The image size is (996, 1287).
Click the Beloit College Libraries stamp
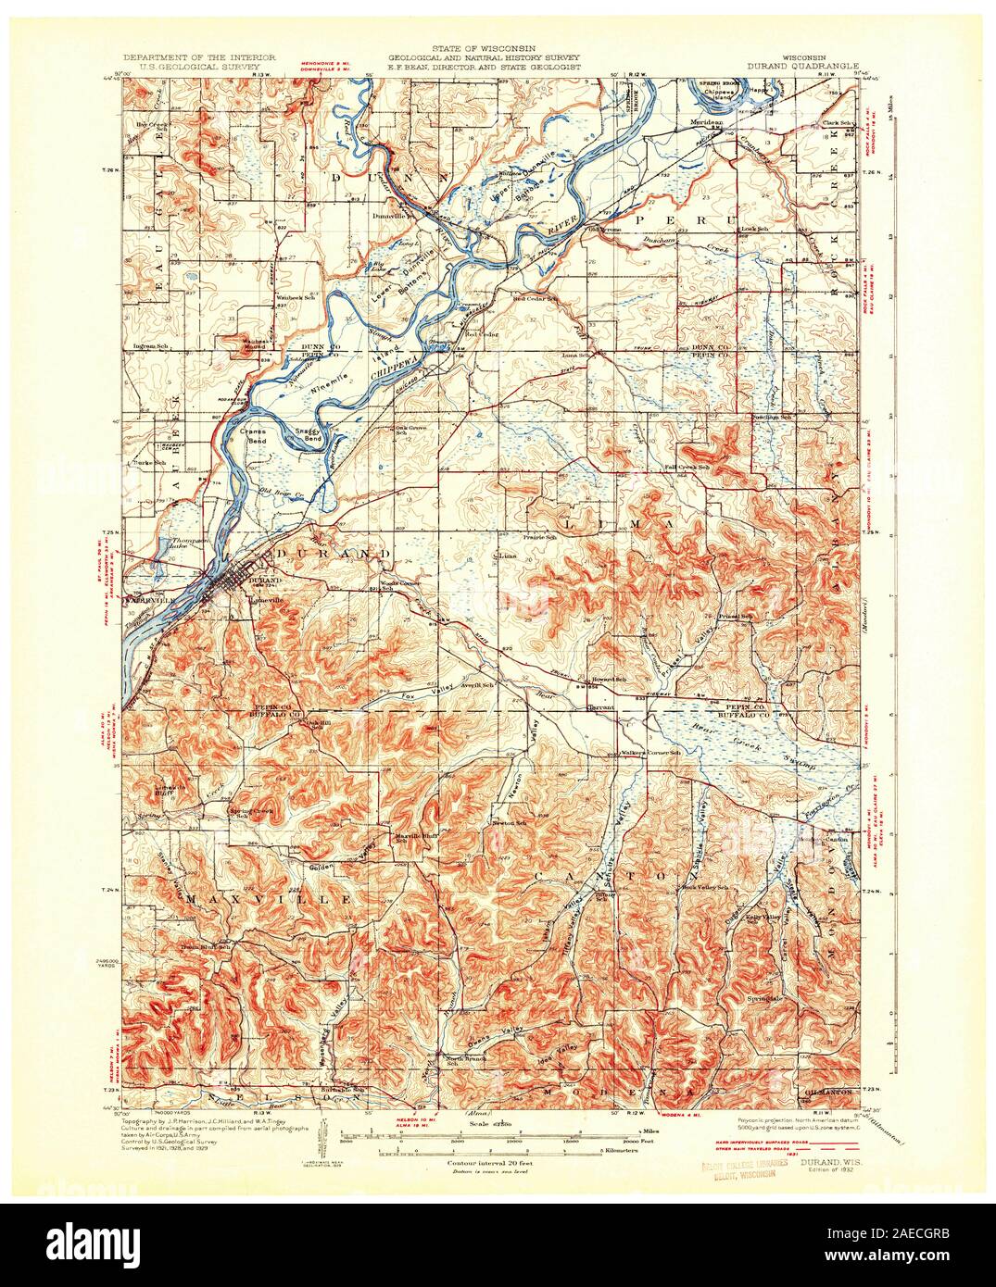(743, 1170)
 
